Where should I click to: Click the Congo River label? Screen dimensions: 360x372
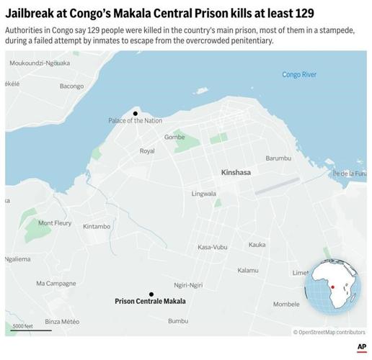pos(298,75)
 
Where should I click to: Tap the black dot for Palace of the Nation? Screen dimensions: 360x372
pos(135,113)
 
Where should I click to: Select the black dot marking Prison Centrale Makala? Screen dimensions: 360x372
pos(151,294)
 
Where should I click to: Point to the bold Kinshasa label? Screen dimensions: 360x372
pos(236,173)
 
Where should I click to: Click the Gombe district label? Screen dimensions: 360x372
pos(174,137)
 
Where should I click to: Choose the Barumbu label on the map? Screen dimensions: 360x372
pos(279,158)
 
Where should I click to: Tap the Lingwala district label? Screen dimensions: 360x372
pos(204,194)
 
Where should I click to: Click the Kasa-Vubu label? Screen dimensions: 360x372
pos(213,247)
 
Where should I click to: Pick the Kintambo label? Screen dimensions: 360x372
pos(96,227)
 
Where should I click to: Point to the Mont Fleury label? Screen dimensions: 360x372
pos(55,223)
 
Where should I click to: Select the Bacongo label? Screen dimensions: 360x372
pos(72,86)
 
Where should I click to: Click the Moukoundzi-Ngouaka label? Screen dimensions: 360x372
pos(40,63)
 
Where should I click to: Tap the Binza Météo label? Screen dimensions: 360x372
pos(62,321)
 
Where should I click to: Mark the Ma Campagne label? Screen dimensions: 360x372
pos(56,283)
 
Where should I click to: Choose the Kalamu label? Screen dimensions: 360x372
pos(247,270)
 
